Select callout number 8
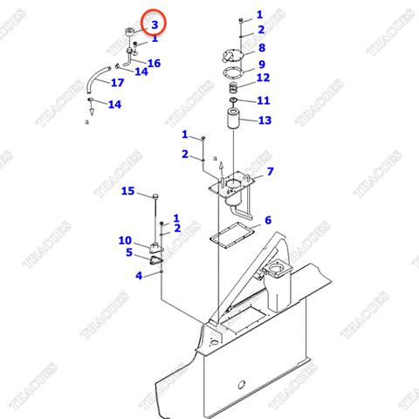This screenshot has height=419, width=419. click(x=261, y=47)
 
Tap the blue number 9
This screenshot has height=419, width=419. click(x=261, y=65)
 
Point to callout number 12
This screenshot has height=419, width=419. click(x=263, y=79)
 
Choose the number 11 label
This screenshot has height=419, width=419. click(x=263, y=100)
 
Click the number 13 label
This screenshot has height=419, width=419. click(x=264, y=120)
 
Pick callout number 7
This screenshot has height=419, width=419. click(x=270, y=171)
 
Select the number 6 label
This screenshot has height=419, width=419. click(x=268, y=220)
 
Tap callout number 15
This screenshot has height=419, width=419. click(x=127, y=190)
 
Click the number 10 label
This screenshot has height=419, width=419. click(x=125, y=240)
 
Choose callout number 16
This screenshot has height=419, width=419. click(x=154, y=63)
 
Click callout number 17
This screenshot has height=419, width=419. click(x=117, y=83)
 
